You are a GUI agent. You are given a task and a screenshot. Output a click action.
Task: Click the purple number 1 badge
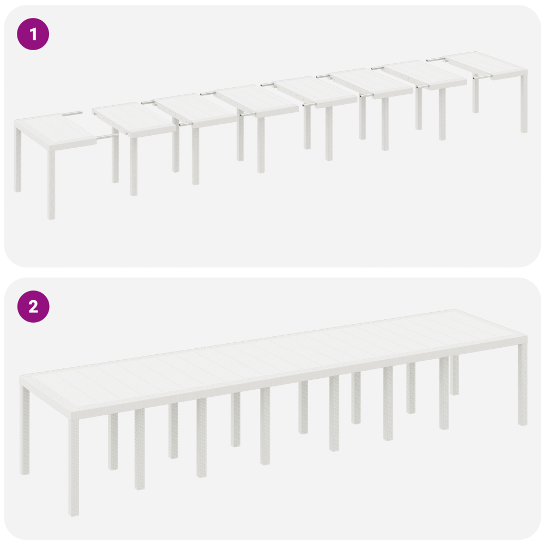click(x=33, y=34)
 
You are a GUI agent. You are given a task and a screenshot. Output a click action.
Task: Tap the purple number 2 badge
click(x=33, y=306)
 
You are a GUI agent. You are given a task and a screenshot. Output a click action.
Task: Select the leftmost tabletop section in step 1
click(x=56, y=132)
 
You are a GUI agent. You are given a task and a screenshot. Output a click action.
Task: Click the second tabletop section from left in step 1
click(x=134, y=118)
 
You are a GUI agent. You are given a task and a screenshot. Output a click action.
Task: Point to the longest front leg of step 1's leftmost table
click(x=51, y=184)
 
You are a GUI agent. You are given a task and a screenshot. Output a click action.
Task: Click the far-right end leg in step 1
click(x=524, y=104)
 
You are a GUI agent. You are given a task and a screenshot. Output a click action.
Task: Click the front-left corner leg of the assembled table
click(x=74, y=466)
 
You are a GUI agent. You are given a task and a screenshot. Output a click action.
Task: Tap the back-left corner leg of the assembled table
click(x=25, y=431)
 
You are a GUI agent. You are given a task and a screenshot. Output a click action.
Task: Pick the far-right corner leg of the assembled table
click(x=523, y=384)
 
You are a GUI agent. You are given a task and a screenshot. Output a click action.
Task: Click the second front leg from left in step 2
click(x=140, y=449)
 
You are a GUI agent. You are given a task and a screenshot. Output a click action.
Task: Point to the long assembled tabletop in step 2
click(x=273, y=361)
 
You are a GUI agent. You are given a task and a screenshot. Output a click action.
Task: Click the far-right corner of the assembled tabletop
click(x=527, y=336)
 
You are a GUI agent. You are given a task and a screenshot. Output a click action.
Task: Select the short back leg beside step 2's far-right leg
click(x=455, y=375)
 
